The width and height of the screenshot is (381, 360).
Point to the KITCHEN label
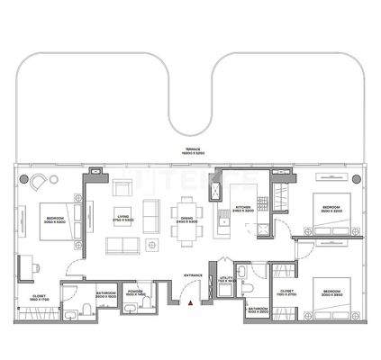[x=242, y=207]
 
